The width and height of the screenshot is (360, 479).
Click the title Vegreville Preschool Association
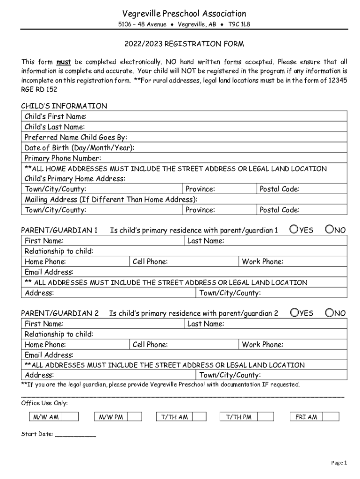pos(184,14)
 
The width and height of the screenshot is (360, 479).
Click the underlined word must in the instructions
pos(63,62)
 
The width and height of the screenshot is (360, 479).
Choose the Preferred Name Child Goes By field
pos(234,138)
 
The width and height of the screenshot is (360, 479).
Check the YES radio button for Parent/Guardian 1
pos(294,229)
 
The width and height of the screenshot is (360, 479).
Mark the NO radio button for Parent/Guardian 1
pos(330,229)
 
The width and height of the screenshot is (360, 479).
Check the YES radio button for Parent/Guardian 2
pos(294,312)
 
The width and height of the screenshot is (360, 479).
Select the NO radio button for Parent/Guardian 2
pos(330,312)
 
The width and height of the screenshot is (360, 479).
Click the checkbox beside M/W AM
pos(70,417)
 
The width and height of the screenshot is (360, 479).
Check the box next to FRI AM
pos(331,417)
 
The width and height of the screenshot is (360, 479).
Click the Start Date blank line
pos(75,435)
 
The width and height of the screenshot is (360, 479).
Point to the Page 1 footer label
pos(339,463)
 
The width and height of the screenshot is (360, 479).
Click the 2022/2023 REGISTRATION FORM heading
pos(184,44)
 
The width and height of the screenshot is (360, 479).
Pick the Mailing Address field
pos(271,200)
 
